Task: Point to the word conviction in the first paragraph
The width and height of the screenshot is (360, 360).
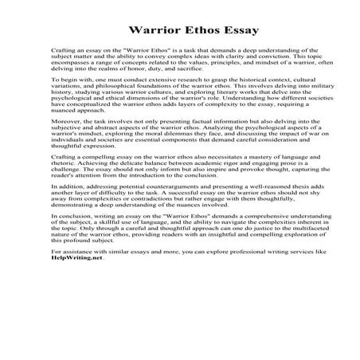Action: click(x=263, y=57)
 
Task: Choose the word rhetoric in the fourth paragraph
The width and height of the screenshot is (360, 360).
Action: click(x=63, y=185)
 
